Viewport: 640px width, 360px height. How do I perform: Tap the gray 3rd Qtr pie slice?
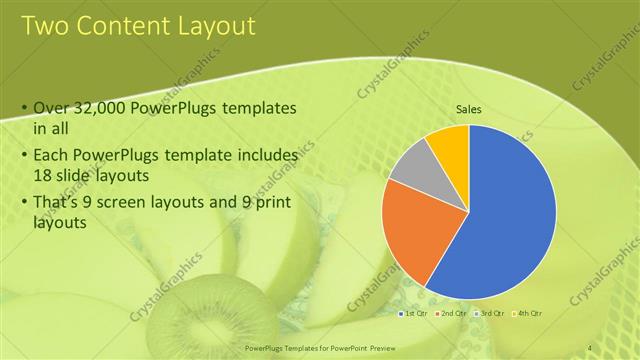pyautogui.click(x=411, y=165)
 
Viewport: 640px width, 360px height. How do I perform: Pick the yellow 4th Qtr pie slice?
pyautogui.click(x=450, y=145)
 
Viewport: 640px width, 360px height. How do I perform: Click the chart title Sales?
pyautogui.click(x=469, y=109)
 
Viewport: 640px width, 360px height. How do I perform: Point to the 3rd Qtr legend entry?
pyautogui.click(x=490, y=314)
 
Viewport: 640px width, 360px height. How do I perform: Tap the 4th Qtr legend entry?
pyautogui.click(x=526, y=314)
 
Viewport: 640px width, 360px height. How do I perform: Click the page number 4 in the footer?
pyautogui.click(x=590, y=347)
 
